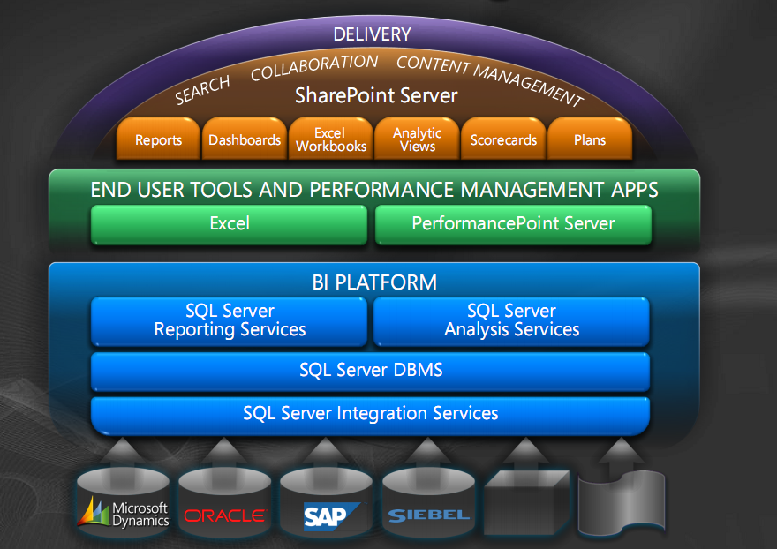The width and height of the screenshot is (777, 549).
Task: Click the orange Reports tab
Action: (x=158, y=139)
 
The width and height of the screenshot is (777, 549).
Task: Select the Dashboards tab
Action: (x=245, y=139)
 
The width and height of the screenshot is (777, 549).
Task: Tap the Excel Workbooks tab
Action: (x=331, y=139)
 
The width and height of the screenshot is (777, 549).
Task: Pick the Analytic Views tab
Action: (x=418, y=139)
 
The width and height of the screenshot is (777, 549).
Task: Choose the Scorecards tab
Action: (x=503, y=139)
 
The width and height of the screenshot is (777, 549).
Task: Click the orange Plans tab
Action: (x=590, y=139)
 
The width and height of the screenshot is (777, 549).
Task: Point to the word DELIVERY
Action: (x=372, y=34)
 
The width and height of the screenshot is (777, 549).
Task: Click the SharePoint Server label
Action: (x=376, y=95)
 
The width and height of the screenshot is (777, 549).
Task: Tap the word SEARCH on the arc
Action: (x=202, y=89)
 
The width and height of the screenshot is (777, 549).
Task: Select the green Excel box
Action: (x=230, y=223)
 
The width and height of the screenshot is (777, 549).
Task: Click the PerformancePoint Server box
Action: (x=513, y=223)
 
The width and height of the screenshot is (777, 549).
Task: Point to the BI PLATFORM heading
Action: (x=374, y=282)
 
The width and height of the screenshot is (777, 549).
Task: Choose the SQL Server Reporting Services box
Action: (x=230, y=320)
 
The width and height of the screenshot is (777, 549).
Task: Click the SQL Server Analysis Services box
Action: (x=512, y=320)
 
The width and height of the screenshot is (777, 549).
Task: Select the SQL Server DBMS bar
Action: (x=371, y=371)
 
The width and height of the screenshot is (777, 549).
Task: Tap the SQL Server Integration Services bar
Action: (x=371, y=413)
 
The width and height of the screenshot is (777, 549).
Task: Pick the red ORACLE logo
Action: (x=224, y=515)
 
